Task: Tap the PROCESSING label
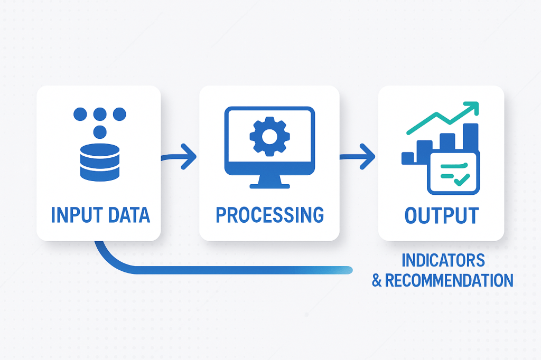point(269,215)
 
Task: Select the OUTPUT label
point(442,215)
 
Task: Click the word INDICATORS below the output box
point(443,260)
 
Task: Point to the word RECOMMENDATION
point(449,280)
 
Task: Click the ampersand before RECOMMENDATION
point(377,280)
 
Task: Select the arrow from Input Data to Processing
point(180,157)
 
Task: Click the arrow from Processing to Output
point(358,157)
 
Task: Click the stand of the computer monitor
point(269,182)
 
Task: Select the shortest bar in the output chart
point(408,158)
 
